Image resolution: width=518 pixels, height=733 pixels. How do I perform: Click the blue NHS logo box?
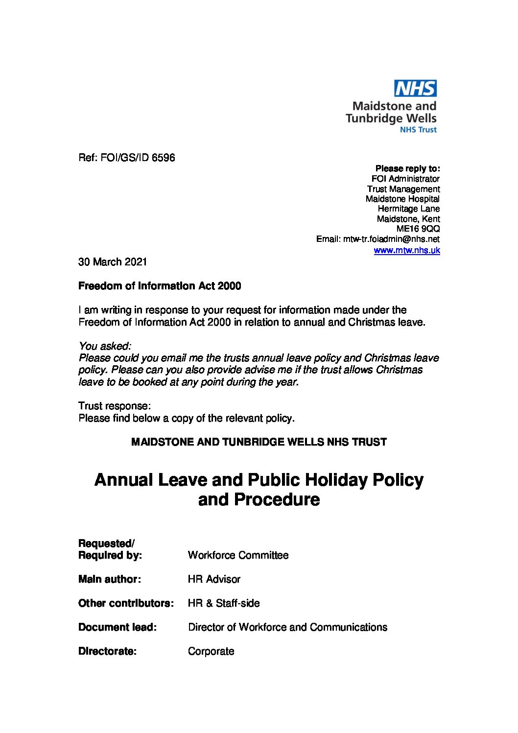(415, 89)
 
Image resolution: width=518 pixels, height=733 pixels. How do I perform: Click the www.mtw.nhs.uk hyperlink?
(406, 251)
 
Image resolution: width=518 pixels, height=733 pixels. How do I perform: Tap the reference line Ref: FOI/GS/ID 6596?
(127, 158)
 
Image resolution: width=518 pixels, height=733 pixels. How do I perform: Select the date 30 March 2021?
(113, 262)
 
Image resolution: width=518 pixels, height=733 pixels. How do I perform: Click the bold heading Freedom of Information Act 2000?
(160, 286)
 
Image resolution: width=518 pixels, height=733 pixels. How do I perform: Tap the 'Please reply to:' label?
(407, 169)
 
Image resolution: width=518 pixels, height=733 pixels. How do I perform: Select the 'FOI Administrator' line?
(405, 179)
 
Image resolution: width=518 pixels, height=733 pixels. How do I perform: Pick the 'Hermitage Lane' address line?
(409, 209)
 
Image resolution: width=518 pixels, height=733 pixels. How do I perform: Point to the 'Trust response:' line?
(115, 406)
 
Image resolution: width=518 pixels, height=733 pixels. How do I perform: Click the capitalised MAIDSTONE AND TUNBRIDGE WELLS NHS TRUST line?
(259, 442)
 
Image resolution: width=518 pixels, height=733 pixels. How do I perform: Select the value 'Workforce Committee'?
(238, 555)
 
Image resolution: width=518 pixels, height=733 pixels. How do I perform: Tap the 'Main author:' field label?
(110, 579)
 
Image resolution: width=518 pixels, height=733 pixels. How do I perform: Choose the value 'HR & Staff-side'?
(224, 603)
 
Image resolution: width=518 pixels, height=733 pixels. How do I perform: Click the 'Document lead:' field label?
(118, 627)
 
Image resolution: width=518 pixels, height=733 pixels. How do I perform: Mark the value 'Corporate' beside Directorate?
(211, 651)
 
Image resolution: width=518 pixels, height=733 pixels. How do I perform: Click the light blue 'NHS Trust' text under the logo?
(418, 130)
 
